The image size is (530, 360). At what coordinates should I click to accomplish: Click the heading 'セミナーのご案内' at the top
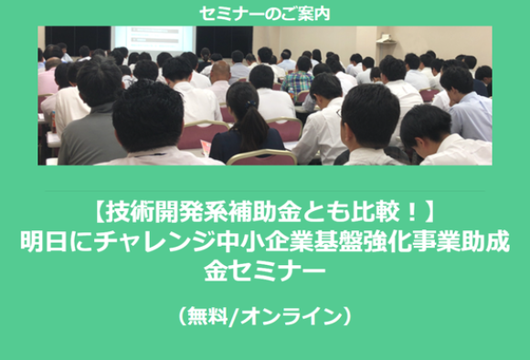(x=264, y=12)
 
